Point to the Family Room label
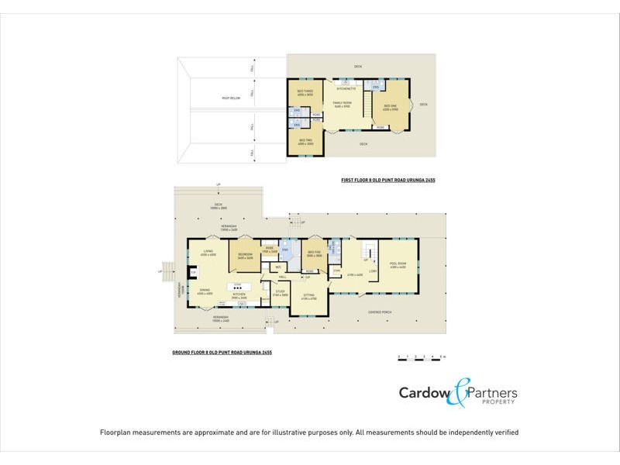[342, 105]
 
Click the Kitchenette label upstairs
[345, 89]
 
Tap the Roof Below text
[231, 98]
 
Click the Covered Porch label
[381, 312]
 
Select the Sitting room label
[308, 296]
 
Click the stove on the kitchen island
[238, 287]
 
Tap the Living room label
[208, 253]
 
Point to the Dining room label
[205, 292]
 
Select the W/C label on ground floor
[277, 267]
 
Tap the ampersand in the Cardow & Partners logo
[460, 393]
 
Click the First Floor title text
[388, 180]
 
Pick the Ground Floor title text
[222, 352]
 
